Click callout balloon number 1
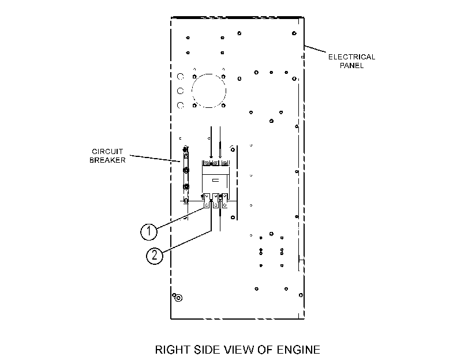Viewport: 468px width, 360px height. click(x=149, y=232)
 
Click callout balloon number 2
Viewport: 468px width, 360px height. click(x=155, y=256)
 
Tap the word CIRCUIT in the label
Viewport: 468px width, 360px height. click(x=107, y=152)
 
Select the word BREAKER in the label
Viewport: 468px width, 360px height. click(x=107, y=160)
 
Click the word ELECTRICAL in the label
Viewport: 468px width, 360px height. click(x=351, y=57)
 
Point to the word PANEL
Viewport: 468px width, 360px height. click(x=351, y=66)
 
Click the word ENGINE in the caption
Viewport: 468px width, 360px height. click(x=298, y=350)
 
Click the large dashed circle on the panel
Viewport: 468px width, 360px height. click(x=209, y=74)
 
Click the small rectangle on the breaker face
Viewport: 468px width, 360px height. click(x=215, y=181)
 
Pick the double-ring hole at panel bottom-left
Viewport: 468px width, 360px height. click(x=178, y=298)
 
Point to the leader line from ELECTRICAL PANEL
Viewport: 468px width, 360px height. click(x=315, y=49)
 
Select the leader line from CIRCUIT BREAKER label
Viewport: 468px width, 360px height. click(x=155, y=158)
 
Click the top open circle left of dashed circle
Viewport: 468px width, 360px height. click(x=180, y=77)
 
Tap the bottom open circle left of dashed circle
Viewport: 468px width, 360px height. click(x=180, y=106)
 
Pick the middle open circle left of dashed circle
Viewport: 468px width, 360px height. click(x=180, y=91)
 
